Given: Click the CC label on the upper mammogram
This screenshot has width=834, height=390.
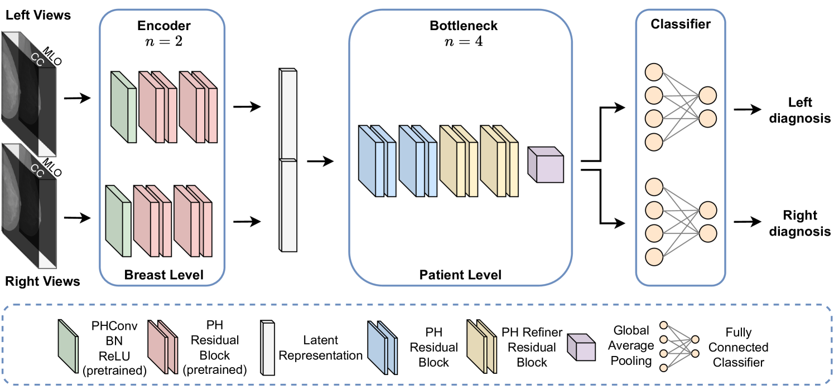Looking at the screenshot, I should [37, 59].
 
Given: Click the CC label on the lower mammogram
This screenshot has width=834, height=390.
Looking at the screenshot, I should [37, 169].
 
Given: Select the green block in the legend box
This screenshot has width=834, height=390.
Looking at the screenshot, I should [68, 346].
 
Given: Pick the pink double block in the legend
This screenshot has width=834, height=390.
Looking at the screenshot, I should [162, 347].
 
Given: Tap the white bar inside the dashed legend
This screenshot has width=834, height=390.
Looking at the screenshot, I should [268, 348].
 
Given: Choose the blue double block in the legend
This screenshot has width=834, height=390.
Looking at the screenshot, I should [382, 348].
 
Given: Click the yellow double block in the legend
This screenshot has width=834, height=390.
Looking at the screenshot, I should [481, 347].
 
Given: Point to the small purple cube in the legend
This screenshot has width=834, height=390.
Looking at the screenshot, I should [581, 348].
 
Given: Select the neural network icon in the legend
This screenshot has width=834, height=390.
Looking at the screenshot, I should [679, 346].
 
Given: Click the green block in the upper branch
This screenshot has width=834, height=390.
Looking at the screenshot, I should [123, 107].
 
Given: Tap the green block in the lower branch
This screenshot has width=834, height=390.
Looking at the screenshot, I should [118, 221].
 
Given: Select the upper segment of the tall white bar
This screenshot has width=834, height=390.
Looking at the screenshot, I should [288, 114].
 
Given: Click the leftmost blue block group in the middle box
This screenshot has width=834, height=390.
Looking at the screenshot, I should [377, 161].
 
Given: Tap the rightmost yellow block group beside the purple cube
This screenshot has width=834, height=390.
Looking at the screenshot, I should [499, 161].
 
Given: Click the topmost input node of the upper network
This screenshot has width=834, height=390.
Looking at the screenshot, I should [654, 72].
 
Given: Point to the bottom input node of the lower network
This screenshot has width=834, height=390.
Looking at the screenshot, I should [654, 256].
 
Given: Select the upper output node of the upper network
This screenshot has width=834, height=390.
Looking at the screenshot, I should [707, 95].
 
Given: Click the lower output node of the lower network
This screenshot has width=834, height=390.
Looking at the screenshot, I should [707, 233].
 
